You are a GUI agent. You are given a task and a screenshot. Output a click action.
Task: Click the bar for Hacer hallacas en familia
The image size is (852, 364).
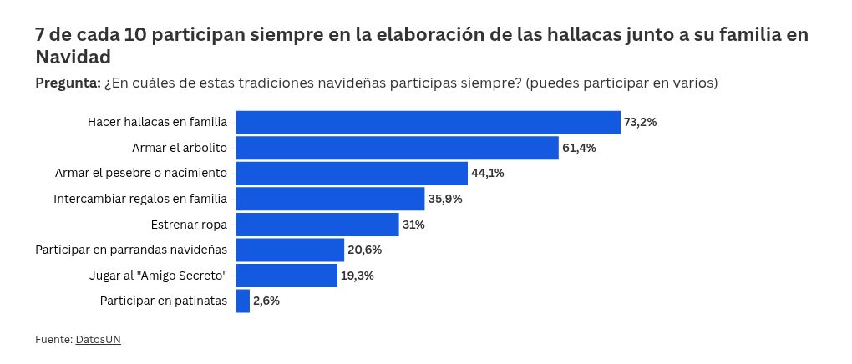click(x=429, y=122)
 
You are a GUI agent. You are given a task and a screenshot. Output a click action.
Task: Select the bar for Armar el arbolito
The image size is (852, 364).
click(x=398, y=148)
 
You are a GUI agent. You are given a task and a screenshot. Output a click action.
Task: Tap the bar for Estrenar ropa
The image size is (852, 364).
click(x=317, y=225)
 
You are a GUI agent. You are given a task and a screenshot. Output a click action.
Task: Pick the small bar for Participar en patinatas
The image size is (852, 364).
click(x=243, y=301)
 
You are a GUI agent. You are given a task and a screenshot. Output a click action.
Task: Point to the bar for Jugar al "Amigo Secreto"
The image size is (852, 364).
click(x=287, y=276)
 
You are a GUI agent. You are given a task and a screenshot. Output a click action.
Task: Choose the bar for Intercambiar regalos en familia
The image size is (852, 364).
click(x=331, y=199)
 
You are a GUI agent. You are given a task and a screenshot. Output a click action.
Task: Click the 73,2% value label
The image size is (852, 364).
click(x=641, y=122)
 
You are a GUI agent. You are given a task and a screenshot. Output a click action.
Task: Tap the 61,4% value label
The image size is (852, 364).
click(x=579, y=148)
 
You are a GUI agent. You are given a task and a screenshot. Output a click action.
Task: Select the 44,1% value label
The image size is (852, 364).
click(x=488, y=174)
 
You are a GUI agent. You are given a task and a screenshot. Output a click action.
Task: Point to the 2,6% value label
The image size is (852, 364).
click(x=266, y=301)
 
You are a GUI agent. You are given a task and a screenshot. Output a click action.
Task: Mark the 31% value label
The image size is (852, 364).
click(x=413, y=225)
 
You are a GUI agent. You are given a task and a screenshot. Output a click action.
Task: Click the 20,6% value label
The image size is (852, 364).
click(x=365, y=250)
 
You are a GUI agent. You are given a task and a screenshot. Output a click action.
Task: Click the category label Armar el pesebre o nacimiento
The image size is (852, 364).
click(x=141, y=174)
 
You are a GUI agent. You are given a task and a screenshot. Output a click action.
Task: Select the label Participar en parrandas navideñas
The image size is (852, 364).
click(x=131, y=250)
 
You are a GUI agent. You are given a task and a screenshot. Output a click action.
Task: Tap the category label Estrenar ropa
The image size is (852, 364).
click(x=189, y=225)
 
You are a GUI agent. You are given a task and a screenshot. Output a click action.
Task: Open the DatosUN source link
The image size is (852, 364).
click(x=99, y=340)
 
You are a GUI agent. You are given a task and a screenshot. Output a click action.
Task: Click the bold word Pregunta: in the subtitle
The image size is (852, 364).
click(x=68, y=83)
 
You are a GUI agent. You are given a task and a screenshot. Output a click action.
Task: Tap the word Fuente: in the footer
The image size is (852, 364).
click(x=53, y=340)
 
